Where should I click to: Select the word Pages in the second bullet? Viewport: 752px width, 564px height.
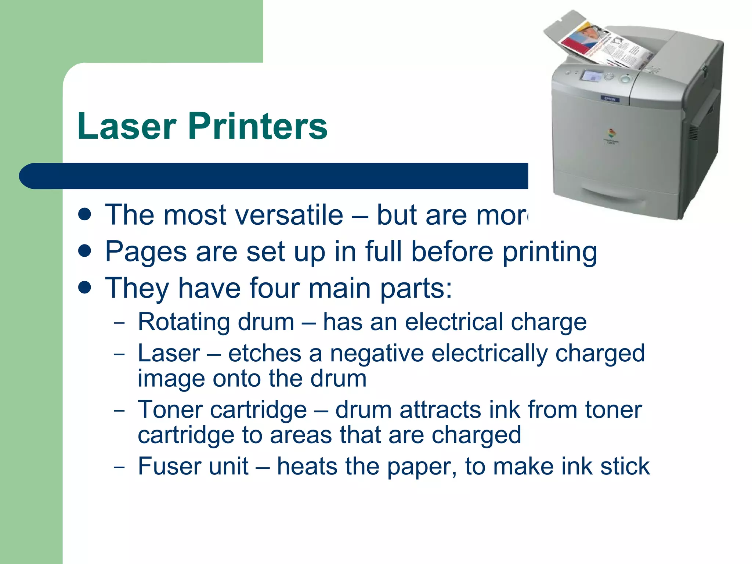[x=146, y=252]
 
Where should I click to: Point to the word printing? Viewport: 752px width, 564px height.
[x=550, y=253]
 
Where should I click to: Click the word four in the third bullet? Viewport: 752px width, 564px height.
[x=274, y=288]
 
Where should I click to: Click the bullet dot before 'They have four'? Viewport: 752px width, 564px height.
[x=85, y=288]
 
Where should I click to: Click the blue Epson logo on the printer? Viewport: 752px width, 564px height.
[x=610, y=99]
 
